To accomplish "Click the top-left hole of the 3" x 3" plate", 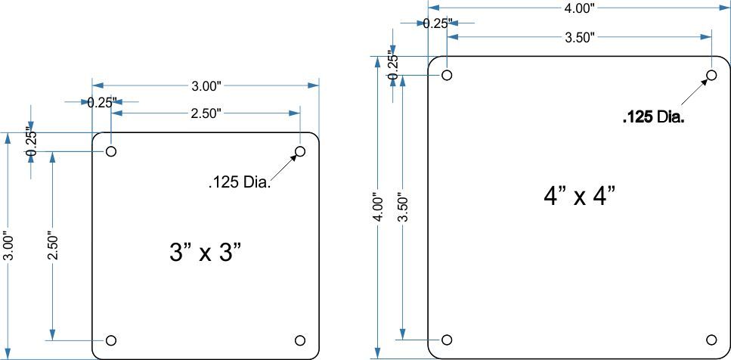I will [x=111, y=151].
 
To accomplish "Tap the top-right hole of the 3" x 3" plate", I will [x=300, y=151].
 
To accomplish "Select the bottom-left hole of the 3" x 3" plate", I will [x=111, y=340].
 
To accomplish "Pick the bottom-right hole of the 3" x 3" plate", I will [x=300, y=340].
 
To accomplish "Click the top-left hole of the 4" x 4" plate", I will [x=447, y=75].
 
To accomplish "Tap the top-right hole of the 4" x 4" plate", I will [x=711, y=75].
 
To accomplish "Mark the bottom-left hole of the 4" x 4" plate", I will [x=447, y=340].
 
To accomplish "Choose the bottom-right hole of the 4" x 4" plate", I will [x=711, y=340].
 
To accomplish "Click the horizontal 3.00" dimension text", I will [x=206, y=86].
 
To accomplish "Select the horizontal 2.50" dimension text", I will [x=206, y=113].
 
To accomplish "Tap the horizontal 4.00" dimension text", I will [x=580, y=8].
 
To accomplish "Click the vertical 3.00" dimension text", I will [x=8, y=246].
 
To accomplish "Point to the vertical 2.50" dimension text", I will [x=54, y=246].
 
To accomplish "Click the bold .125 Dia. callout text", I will [x=653, y=117].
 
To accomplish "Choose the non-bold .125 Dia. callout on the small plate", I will [x=240, y=182].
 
